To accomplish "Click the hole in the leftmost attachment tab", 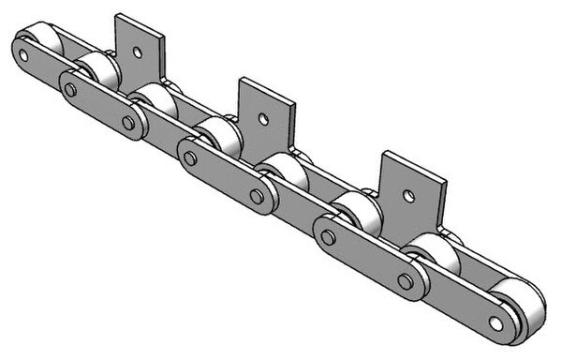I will point(139,51).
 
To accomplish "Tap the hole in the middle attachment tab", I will point(265,119).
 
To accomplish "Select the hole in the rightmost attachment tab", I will point(407,195).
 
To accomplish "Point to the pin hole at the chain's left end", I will point(22,55).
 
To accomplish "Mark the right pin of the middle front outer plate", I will point(256,195).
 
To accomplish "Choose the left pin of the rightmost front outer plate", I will point(327,234).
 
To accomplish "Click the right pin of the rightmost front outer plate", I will point(405,278).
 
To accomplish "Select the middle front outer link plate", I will point(225,175).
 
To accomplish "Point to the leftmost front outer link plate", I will point(98,104).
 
